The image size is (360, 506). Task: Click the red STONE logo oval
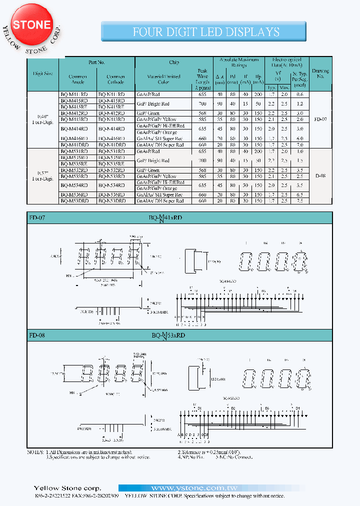32,24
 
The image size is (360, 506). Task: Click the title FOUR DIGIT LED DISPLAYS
206,32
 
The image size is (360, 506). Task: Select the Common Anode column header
77,79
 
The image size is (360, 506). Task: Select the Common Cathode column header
115,79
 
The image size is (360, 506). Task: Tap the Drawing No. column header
320,74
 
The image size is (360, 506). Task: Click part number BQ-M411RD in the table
74,94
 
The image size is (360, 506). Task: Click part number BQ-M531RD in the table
74,151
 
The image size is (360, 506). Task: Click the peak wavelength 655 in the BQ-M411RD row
202,94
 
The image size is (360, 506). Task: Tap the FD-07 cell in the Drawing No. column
320,119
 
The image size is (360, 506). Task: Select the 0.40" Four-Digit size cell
42,118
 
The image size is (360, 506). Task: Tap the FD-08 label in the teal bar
37,336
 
